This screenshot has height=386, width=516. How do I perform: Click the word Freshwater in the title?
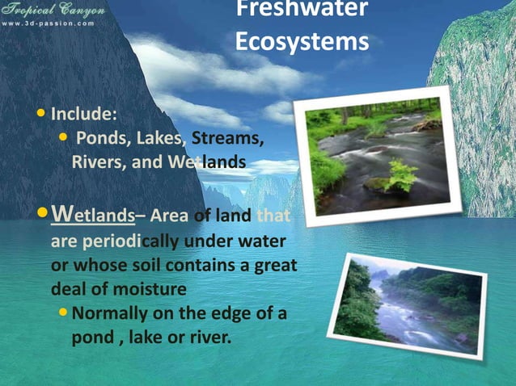coord(302,10)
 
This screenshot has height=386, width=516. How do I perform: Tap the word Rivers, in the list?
coord(99,163)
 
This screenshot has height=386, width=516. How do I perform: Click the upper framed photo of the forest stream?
coord(377,154)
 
